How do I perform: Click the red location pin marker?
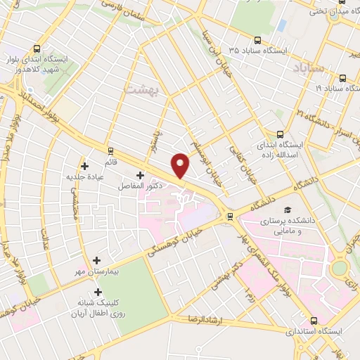coord(181,165)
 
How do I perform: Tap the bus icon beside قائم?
coord(110,150)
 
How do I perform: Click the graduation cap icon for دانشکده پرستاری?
coord(287,210)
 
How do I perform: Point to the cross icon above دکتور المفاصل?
coord(140,174)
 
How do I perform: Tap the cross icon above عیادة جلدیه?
coord(85,167)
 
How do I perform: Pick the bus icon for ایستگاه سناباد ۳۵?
coord(257,41)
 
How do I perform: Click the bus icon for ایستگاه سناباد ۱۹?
coord(343,77)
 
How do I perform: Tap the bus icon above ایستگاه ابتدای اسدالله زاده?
coord(281,134)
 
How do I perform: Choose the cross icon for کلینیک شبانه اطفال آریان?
coord(98,292)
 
